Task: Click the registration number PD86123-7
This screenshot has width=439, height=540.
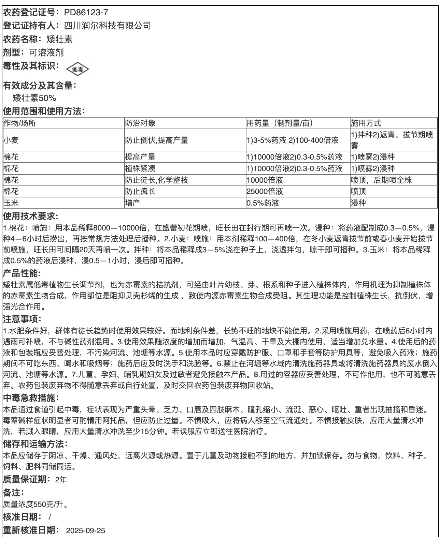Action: coord(86,13)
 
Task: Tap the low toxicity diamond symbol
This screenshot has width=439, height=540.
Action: coord(77,70)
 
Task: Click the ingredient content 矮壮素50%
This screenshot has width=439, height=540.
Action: coord(34,98)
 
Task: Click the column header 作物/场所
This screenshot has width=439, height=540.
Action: coord(20,123)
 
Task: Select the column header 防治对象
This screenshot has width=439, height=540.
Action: coord(140,123)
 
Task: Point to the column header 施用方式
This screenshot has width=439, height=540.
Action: coord(366,123)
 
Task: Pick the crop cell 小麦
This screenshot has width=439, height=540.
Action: coord(11,140)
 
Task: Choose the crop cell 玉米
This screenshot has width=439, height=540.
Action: coord(11,203)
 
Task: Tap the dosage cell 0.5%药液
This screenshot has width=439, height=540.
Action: coord(263,203)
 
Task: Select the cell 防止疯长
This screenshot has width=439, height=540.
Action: coord(140,191)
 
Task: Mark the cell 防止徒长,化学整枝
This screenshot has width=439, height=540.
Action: coord(156,180)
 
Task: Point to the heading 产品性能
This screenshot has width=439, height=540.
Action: coord(22,273)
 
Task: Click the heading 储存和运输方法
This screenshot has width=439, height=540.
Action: coord(36,444)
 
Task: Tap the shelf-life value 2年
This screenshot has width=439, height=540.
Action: coord(61,480)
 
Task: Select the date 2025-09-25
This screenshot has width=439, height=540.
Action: coord(85,531)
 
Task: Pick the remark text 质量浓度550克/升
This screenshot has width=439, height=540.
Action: coord(36,504)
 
